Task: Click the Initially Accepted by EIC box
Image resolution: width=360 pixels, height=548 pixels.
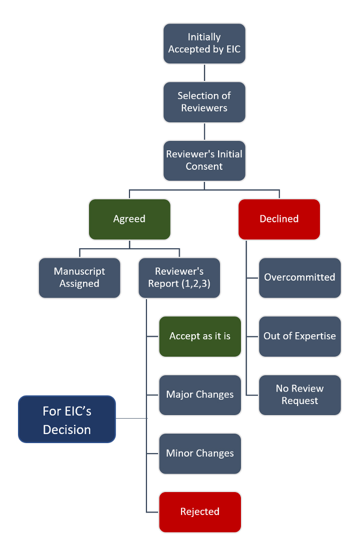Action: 204,43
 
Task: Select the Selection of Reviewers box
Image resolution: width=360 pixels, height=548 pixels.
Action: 204,102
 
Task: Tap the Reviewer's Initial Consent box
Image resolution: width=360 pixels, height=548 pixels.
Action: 204,160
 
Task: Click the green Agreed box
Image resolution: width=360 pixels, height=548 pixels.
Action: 129,219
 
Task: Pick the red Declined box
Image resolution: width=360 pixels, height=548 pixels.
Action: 279,219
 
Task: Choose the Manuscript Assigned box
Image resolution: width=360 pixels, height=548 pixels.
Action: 79,278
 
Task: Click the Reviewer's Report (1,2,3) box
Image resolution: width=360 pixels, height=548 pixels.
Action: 179,278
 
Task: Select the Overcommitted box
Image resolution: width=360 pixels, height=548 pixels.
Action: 299,278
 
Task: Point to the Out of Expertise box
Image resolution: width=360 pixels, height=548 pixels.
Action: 299,336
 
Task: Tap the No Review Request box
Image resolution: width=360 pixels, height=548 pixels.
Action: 299,395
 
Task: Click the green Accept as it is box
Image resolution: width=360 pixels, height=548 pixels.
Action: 200,336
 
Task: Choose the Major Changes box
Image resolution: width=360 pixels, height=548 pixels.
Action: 200,395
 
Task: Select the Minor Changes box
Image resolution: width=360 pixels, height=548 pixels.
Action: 200,454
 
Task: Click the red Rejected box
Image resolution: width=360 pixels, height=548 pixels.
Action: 200,512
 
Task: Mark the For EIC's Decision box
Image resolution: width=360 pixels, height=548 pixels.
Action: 67,419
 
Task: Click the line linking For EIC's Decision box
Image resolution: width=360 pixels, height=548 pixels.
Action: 131,419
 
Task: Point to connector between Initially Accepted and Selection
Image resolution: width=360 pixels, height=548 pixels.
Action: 204,73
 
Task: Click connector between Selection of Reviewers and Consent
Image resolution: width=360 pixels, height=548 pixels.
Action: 204,131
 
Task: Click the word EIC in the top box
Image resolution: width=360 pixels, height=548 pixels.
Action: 232,49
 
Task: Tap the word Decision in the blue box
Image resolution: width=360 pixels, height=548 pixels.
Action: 67,430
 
